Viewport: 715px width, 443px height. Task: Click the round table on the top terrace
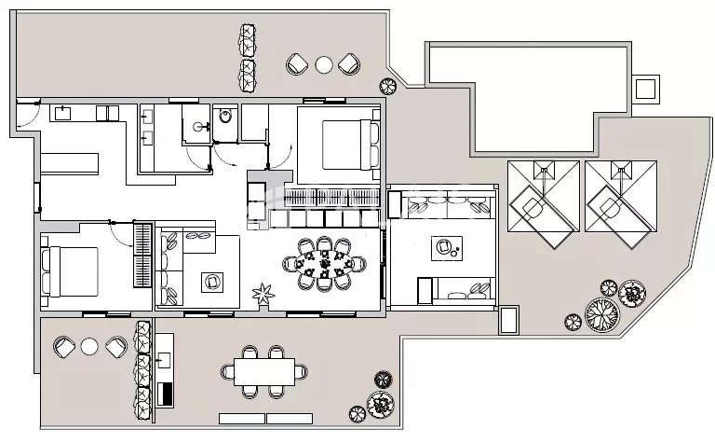click(x=323, y=64)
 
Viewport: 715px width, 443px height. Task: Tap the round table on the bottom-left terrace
click(x=89, y=347)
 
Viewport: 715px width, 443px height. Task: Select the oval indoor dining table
click(x=324, y=265)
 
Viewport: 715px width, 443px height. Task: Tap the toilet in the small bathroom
click(x=224, y=118)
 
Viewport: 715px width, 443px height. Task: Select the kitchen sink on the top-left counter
click(x=65, y=114)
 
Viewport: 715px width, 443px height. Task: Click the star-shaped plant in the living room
click(x=262, y=295)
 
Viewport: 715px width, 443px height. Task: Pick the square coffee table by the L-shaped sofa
click(x=213, y=280)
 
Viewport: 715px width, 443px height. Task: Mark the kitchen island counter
click(x=70, y=162)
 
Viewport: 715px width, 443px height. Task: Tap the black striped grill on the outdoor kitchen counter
click(x=166, y=393)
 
